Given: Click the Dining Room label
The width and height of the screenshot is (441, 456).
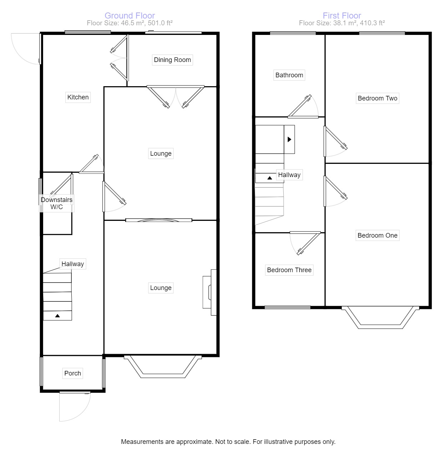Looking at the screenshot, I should click(x=172, y=60).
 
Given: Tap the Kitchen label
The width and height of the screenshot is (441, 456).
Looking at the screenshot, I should click(x=78, y=97).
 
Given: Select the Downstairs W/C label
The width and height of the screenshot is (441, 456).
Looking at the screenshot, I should click(x=56, y=203).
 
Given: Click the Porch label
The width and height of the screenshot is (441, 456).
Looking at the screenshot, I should click(x=72, y=373).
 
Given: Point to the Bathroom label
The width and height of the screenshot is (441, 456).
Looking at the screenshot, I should click(x=289, y=75).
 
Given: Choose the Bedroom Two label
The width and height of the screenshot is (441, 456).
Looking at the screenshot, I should click(x=377, y=98).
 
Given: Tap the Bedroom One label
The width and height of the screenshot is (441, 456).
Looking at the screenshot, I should click(x=377, y=235).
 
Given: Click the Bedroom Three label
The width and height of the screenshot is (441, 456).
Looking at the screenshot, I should click(x=289, y=270).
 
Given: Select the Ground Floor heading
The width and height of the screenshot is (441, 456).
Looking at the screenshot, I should click(x=130, y=16).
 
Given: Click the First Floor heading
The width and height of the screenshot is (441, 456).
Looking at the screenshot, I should click(x=342, y=16).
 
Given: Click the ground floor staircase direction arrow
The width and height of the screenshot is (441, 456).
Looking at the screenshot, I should click(x=57, y=316).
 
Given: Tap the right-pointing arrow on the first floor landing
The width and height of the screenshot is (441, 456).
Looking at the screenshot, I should click(x=289, y=139).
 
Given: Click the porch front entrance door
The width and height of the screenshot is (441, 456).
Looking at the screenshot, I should click(x=75, y=406).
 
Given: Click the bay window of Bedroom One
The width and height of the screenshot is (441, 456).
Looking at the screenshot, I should click(x=380, y=318).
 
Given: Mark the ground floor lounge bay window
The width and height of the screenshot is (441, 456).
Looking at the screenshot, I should click(x=163, y=367).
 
